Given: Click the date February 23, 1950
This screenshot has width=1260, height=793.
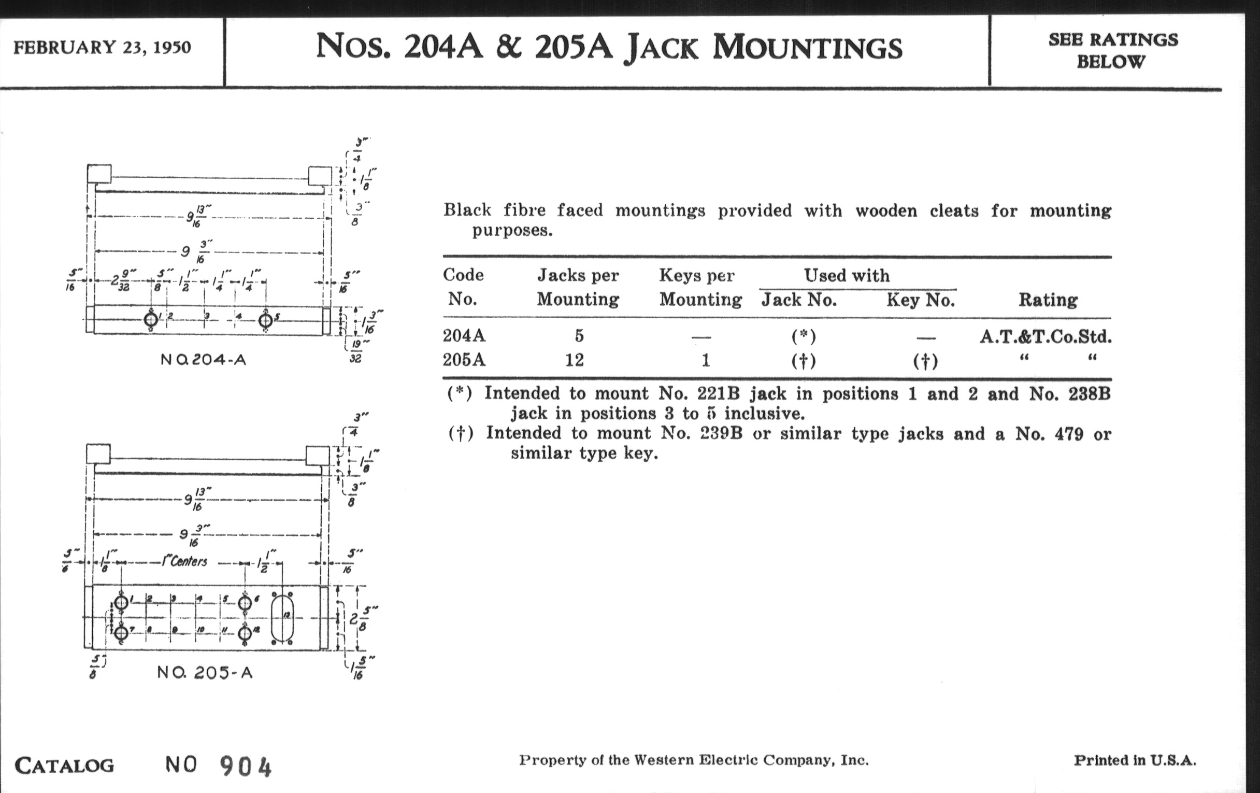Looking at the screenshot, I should pos(102,48).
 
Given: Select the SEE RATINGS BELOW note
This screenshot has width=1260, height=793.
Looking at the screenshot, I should pos(1113,51).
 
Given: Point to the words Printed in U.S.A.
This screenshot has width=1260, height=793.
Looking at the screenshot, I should pos(1135,760).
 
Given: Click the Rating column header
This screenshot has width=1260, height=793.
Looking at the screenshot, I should pos(1048,300).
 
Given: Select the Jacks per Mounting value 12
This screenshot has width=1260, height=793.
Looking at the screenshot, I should pos(575,360).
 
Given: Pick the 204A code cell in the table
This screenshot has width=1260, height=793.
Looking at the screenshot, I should pos(464,335).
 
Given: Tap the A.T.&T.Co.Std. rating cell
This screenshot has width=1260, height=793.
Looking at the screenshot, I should pos(1046,336).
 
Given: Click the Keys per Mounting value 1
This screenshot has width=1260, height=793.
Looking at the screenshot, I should pos(705,360).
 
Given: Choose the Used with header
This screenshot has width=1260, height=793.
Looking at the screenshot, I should pos(847,275).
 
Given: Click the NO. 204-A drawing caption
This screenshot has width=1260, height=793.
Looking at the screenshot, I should pos(203,360).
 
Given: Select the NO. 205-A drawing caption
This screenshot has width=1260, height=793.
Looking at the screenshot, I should pos(205,673).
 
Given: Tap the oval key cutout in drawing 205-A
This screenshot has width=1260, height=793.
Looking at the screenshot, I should pos(282,618).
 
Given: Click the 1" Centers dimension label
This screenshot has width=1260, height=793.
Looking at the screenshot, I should pos(185,562).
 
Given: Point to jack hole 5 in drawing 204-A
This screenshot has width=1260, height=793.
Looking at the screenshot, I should pos(265,319).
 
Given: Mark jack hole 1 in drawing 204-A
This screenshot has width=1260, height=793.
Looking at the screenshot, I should pos(151,319).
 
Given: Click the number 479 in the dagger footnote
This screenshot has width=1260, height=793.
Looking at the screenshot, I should pos(1068,434).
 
